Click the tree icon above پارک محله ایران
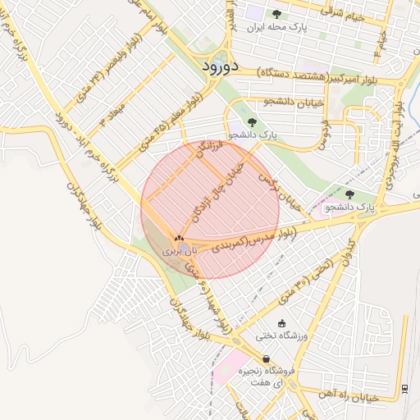pyautogui.click(x=276, y=13)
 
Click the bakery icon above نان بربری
pyautogui.click(x=180, y=237)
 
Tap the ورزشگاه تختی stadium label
pyautogui.click(x=281, y=336)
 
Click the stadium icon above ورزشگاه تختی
pyautogui.click(x=282, y=323)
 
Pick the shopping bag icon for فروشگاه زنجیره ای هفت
pyautogui.click(x=267, y=359)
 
